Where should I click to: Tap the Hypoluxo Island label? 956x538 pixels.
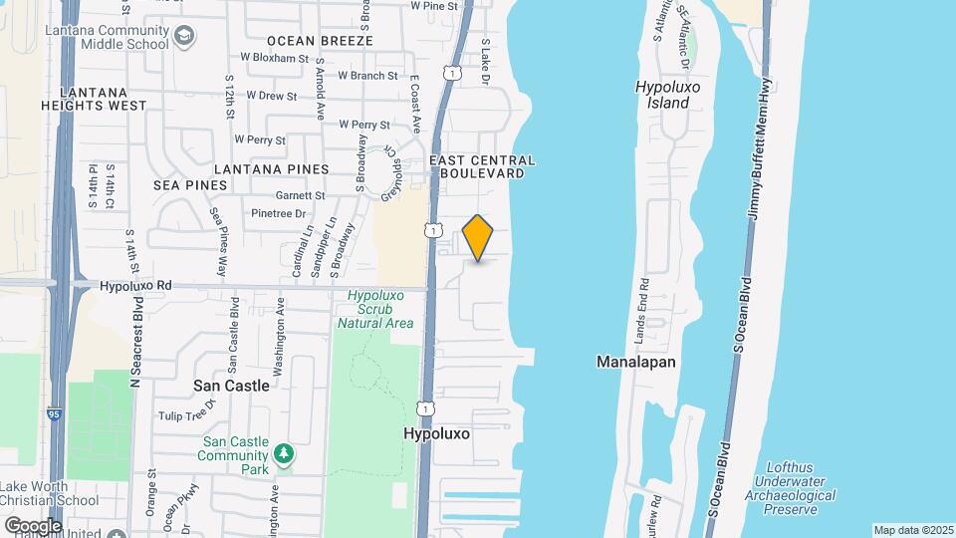pyautogui.click(x=662, y=95)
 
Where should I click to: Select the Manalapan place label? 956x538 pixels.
pyautogui.click(x=636, y=362)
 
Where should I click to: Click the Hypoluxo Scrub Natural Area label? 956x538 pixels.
pyautogui.click(x=374, y=309)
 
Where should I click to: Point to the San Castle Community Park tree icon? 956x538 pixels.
pyautogui.click(x=285, y=454)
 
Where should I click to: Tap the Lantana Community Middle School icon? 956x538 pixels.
pyautogui.click(x=183, y=37)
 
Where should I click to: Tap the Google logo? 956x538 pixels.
pyautogui.click(x=33, y=525)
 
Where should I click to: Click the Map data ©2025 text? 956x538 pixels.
pyautogui.click(x=913, y=530)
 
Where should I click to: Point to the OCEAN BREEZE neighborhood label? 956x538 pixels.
pyautogui.click(x=320, y=41)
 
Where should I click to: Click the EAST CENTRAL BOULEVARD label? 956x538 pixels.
pyautogui.click(x=482, y=166)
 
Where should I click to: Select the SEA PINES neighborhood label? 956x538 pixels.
pyautogui.click(x=186, y=185)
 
